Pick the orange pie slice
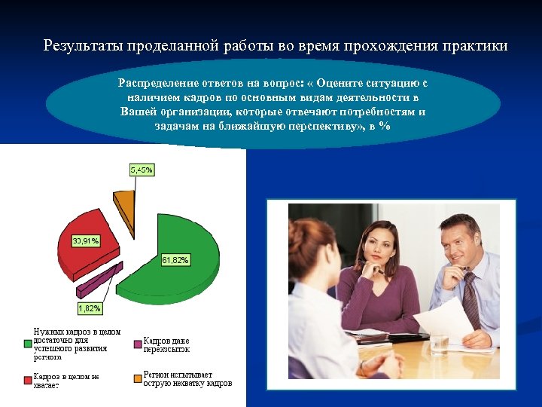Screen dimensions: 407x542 pyautogui.click(x=124, y=201)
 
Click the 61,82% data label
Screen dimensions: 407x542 pyautogui.click(x=175, y=260)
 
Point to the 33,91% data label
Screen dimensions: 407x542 pyautogui.click(x=85, y=240)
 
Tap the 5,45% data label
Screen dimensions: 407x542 pyautogui.click(x=141, y=170)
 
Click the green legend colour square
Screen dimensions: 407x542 pyautogui.click(x=28, y=344)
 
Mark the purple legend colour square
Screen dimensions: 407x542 pyautogui.click(x=138, y=344)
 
